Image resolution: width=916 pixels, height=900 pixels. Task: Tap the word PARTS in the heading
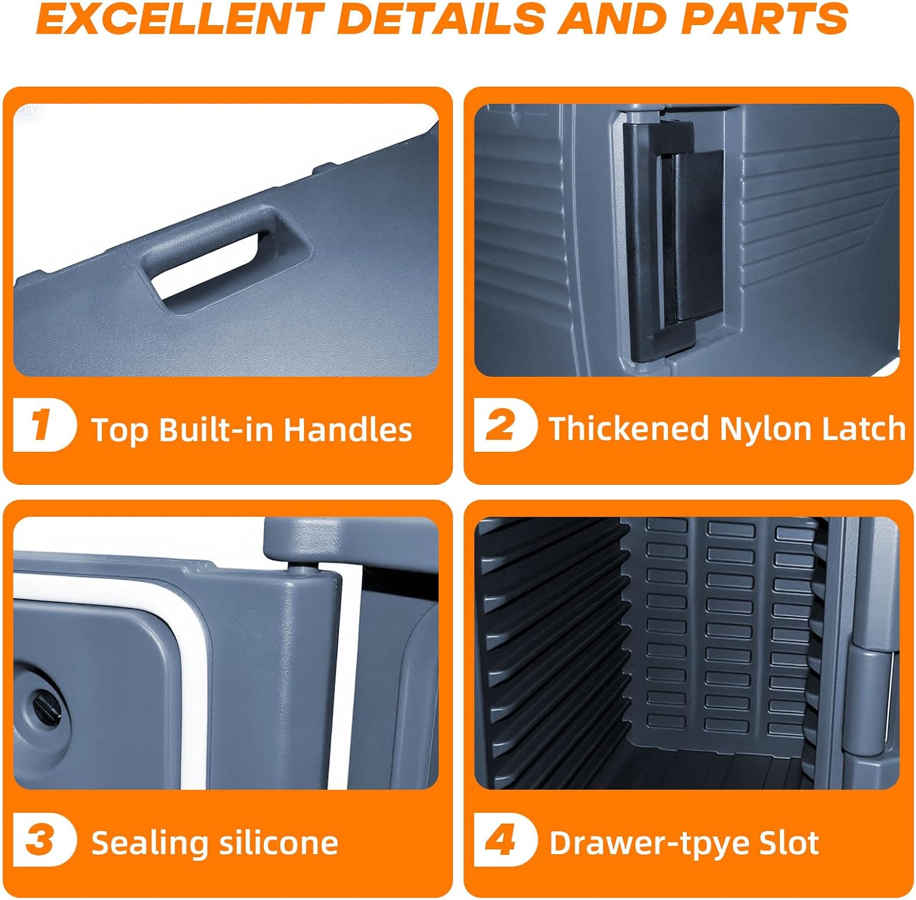point(765,18)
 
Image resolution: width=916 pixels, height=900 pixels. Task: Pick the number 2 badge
point(504,424)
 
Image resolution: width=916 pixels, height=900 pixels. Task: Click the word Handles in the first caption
point(348,430)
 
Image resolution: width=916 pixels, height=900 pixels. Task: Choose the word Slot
point(789,843)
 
